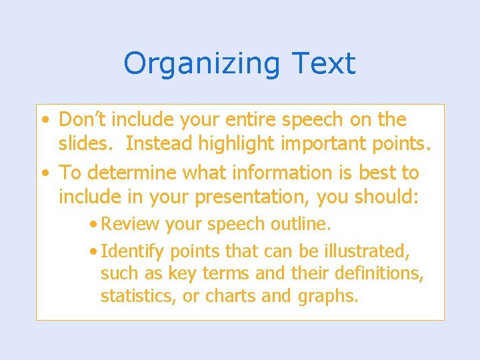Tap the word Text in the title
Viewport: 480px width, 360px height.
coord(323,63)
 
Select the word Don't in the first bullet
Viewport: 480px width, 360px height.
coord(83,119)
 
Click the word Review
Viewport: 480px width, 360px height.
coord(131,225)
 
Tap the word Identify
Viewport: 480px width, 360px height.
coord(133,251)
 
